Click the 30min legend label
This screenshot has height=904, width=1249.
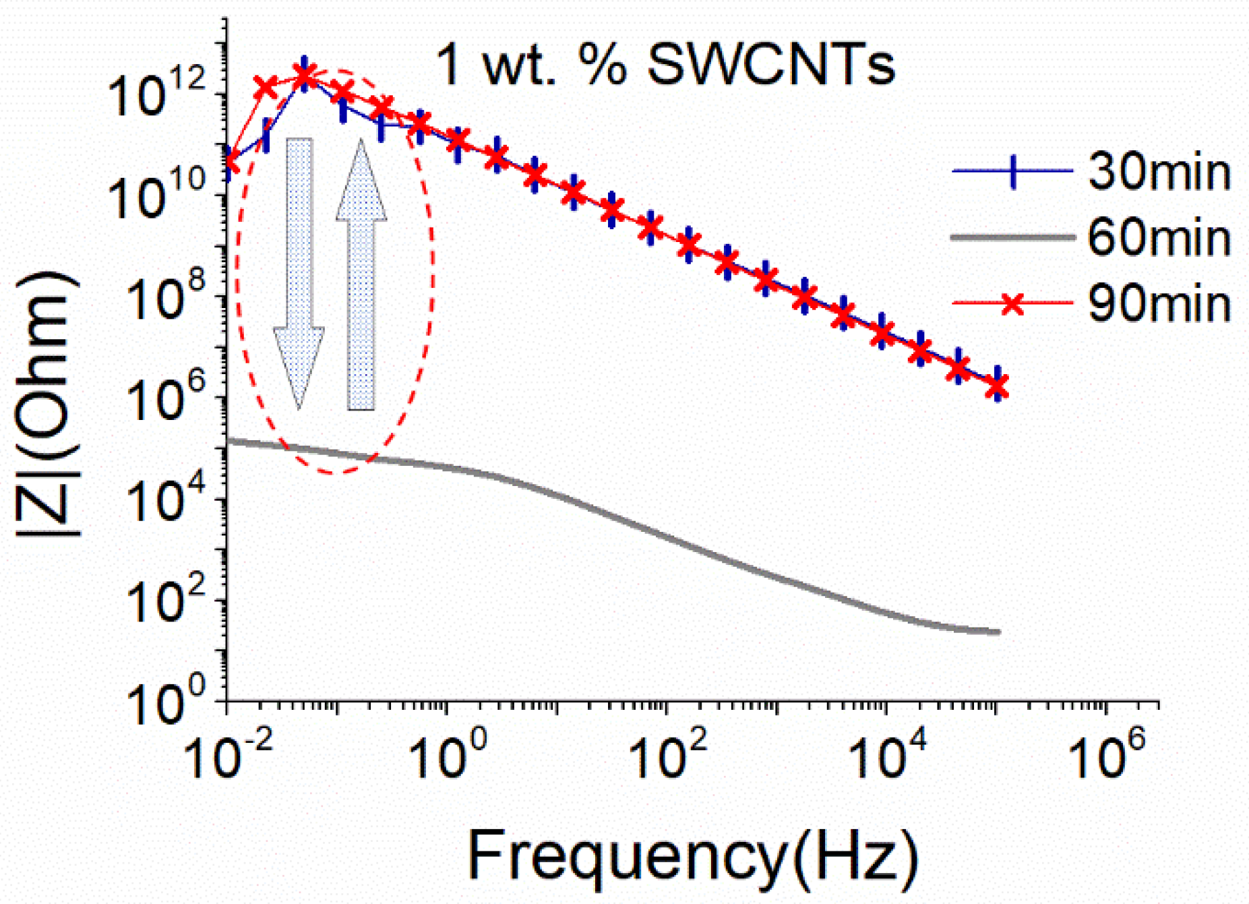click(1159, 173)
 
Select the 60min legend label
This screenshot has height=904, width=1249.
click(1159, 238)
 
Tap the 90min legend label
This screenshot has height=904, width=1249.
click(1159, 304)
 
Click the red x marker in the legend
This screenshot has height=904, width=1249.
click(1012, 304)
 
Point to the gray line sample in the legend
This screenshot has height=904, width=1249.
click(1011, 237)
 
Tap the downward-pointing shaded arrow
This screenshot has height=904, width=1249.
click(299, 270)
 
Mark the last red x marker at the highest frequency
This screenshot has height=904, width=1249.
click(998, 387)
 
